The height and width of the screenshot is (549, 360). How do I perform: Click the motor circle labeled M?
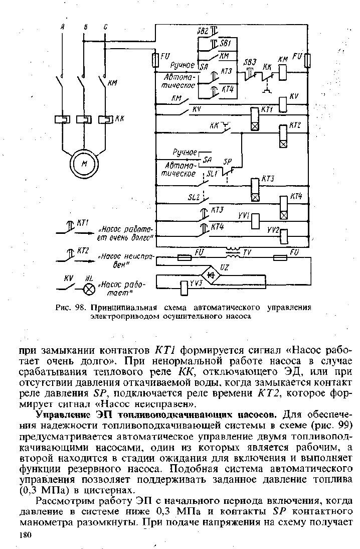[84, 164]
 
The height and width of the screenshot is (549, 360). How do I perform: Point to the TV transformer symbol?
[233, 253]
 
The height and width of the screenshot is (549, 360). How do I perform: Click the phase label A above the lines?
[62, 27]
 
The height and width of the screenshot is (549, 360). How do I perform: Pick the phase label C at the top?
[106, 27]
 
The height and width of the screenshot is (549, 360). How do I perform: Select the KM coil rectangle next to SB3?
[283, 73]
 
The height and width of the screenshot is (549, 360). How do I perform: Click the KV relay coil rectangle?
[283, 104]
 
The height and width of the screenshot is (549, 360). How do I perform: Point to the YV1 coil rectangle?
[255, 221]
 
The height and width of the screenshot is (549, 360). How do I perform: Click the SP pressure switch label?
[228, 162]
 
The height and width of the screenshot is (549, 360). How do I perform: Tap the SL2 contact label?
[194, 198]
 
